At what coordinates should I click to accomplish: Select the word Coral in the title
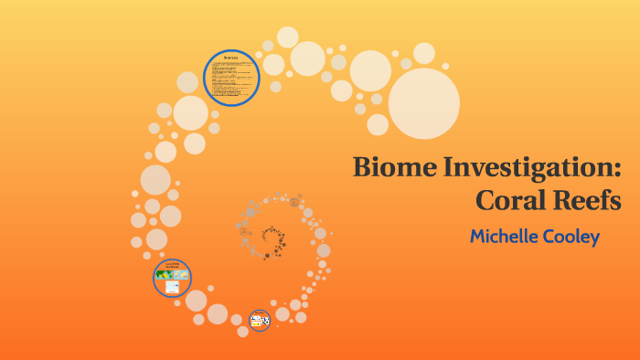[515, 199]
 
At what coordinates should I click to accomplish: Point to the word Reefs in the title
[590, 199]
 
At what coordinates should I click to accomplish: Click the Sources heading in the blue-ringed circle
[231, 57]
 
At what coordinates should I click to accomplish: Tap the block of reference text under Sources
[231, 80]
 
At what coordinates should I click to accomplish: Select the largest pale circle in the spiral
[423, 103]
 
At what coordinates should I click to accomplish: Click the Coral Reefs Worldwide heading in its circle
[172, 264]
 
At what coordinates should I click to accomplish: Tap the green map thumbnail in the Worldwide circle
[165, 275]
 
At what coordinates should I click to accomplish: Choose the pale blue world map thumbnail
[180, 275]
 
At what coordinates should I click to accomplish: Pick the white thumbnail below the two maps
[172, 287]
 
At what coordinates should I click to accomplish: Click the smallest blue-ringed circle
[260, 320]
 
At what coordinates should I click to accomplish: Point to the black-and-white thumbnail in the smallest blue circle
[264, 322]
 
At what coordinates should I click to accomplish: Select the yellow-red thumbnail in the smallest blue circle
[256, 321]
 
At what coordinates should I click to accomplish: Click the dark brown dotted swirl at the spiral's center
[272, 242]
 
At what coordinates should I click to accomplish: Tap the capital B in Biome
[363, 169]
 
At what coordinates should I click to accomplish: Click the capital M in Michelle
[478, 237]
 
